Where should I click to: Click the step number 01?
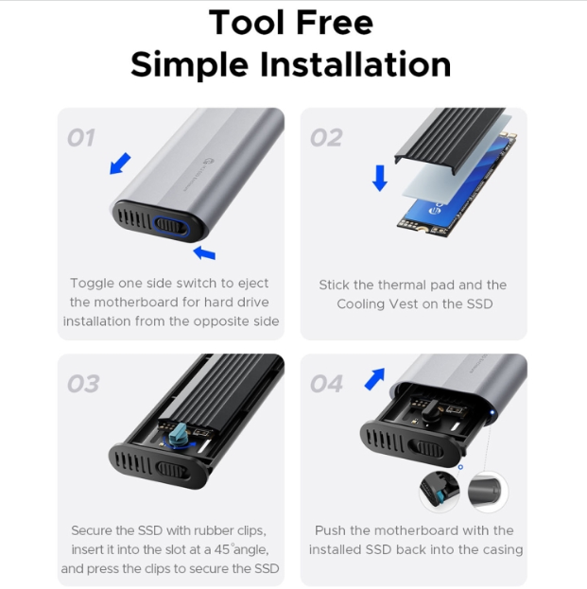pyautogui.click(x=80, y=137)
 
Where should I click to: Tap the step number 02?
pyautogui.click(x=326, y=137)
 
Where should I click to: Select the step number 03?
pyautogui.click(x=83, y=384)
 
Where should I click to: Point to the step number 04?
pyautogui.click(x=326, y=384)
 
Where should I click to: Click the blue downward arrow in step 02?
pyautogui.click(x=380, y=178)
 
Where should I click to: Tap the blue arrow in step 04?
pyautogui.click(x=375, y=378)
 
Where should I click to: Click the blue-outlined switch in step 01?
pyautogui.click(x=171, y=227)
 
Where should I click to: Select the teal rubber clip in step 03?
pyautogui.click(x=178, y=435)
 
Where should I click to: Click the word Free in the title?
pyautogui.click(x=335, y=23)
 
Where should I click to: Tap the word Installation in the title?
pyautogui.click(x=354, y=64)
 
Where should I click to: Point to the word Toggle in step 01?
pyautogui.click(x=92, y=284)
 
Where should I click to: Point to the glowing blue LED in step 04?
pyautogui.click(x=492, y=412)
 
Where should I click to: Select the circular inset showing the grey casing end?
pyautogui.click(x=488, y=492)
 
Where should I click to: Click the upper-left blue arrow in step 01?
pyautogui.click(x=120, y=164)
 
